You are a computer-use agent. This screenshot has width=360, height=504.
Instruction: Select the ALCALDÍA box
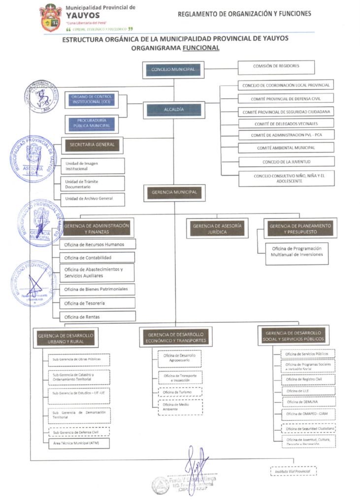[x=174, y=109]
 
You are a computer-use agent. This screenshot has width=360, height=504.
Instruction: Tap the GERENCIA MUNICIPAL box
[x=174, y=192]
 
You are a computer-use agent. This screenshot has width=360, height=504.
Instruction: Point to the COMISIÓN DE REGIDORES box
[x=276, y=66]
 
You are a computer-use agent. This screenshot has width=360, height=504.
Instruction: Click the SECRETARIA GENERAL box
[x=92, y=145]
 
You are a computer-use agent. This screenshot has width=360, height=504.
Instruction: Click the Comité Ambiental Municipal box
[x=286, y=148]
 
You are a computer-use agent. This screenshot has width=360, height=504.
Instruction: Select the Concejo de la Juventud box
[x=286, y=161]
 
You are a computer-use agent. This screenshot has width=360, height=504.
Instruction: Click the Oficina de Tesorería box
[x=97, y=303]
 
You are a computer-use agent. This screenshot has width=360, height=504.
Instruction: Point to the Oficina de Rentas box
[x=97, y=316]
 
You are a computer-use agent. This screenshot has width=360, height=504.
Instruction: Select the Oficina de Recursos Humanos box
[x=97, y=244]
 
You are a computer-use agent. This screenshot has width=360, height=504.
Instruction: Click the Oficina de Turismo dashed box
[x=180, y=392]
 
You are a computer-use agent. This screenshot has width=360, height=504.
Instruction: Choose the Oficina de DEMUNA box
[x=308, y=402]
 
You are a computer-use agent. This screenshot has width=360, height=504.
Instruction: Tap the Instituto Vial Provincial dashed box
[x=293, y=472]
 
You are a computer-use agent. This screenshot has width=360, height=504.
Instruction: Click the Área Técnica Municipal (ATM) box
[x=79, y=443]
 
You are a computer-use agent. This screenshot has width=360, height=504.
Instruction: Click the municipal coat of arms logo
[x=51, y=18]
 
